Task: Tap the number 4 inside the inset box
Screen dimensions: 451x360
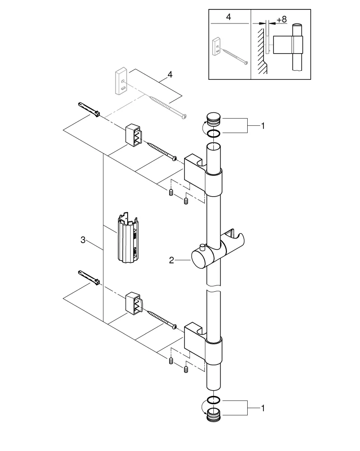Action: (228, 18)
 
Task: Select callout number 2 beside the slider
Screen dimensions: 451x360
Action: (171, 260)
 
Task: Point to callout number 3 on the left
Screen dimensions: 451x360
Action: (83, 240)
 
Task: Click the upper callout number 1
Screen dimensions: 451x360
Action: (263, 126)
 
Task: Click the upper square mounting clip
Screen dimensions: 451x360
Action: (134, 134)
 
